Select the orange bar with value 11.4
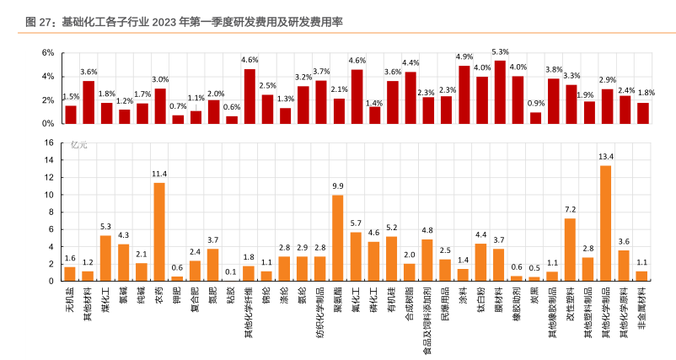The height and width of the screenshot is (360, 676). pyautogui.click(x=159, y=231)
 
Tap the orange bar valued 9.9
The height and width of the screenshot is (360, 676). pyautogui.click(x=338, y=237)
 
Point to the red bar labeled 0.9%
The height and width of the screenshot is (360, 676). pyautogui.click(x=535, y=118)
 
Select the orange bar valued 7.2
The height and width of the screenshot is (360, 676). pyautogui.click(x=571, y=249)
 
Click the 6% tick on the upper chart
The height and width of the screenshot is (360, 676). pyautogui.click(x=48, y=53)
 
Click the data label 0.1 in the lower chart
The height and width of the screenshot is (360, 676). pyautogui.click(x=231, y=271)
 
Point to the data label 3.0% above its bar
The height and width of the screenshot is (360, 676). pyautogui.click(x=160, y=79)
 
